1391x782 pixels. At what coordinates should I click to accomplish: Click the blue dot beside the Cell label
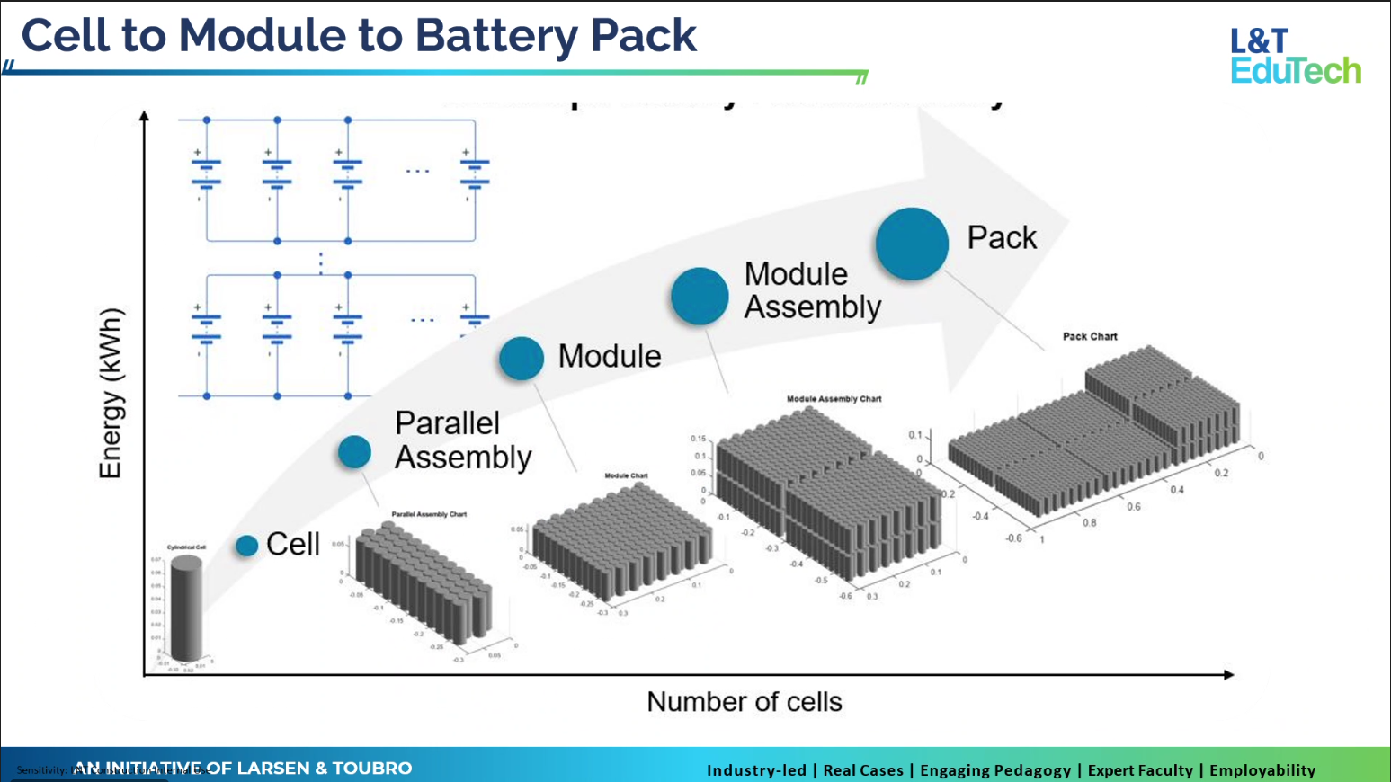click(247, 546)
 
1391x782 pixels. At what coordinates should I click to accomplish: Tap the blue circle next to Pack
click(912, 244)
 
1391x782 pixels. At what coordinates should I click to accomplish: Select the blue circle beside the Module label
click(522, 358)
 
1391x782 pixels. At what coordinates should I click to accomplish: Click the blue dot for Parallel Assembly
click(354, 451)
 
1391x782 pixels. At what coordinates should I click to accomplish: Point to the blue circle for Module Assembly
click(700, 296)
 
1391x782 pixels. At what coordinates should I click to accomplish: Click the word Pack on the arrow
click(1002, 238)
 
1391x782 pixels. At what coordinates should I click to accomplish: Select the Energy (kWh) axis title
click(110, 394)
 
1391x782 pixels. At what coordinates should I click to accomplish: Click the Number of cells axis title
click(745, 702)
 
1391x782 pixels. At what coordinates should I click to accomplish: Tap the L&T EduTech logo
click(1295, 56)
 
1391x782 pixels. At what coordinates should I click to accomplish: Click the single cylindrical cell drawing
click(186, 609)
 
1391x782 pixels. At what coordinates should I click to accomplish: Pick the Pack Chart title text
click(1090, 336)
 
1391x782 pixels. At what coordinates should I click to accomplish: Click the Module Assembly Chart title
click(834, 399)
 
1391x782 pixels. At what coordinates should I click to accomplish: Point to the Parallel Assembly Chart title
click(429, 514)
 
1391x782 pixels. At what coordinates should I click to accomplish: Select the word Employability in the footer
click(1262, 770)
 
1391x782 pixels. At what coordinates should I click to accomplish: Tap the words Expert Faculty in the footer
click(1140, 770)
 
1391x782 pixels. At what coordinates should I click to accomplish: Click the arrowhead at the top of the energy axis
click(144, 115)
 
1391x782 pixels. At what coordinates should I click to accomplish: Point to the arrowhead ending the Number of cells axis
click(1229, 674)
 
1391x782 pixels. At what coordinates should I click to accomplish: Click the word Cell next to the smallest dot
click(293, 545)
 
